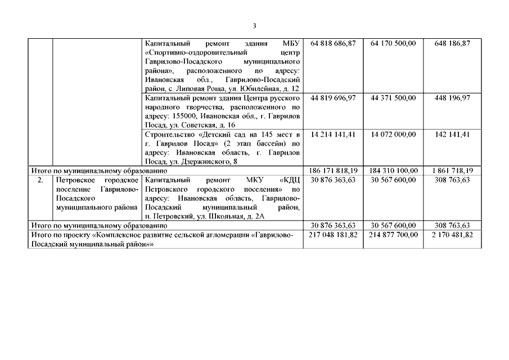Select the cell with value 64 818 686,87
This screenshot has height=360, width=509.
[x=333, y=43]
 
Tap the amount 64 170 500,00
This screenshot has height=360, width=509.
[x=394, y=43]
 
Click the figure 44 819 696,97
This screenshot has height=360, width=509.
[x=333, y=98]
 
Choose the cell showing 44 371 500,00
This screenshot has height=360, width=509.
[x=394, y=98]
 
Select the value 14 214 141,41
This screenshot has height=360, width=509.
[x=333, y=134]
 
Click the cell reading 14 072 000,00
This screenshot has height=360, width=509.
[x=394, y=134]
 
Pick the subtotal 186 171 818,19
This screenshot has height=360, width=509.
[x=333, y=170]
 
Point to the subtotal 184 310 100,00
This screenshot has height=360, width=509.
[x=394, y=170]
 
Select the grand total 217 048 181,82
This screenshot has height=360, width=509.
[x=333, y=235]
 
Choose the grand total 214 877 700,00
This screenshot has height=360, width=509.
[x=394, y=235]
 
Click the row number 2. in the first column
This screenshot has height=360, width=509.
[x=40, y=180]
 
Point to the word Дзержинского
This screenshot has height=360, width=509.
[x=197, y=162]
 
